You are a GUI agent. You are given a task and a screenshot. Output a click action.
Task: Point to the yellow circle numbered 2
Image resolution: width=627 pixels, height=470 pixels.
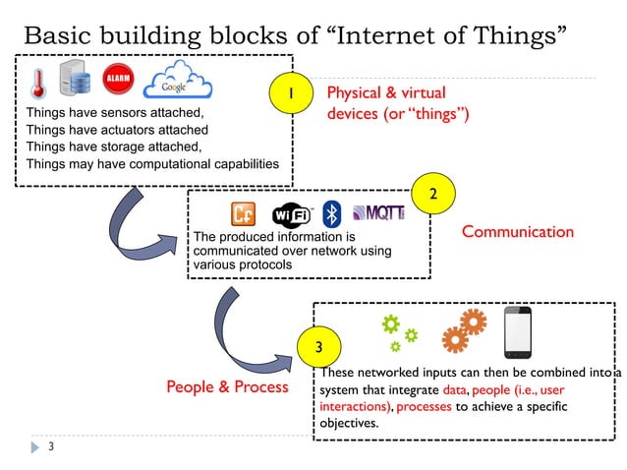(429, 192)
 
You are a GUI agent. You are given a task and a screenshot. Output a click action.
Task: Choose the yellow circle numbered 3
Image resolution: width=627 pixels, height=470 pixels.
(316, 348)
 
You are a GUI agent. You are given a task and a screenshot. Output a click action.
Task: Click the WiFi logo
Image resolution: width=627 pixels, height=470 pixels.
(291, 214)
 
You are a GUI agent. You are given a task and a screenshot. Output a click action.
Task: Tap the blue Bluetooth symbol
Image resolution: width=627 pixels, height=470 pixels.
(332, 213)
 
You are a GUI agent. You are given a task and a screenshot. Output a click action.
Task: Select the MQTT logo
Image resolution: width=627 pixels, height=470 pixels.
(377, 212)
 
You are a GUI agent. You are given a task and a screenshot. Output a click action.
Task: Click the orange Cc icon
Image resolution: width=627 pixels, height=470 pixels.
(243, 213)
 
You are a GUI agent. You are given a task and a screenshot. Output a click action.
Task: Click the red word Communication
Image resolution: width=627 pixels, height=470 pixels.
(517, 232)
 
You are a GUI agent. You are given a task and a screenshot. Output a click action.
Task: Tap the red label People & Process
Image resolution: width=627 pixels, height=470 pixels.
(227, 386)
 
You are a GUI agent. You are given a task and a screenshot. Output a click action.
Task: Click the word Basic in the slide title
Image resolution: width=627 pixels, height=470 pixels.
(57, 35)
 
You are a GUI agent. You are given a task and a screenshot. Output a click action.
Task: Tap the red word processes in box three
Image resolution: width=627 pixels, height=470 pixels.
(424, 406)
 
